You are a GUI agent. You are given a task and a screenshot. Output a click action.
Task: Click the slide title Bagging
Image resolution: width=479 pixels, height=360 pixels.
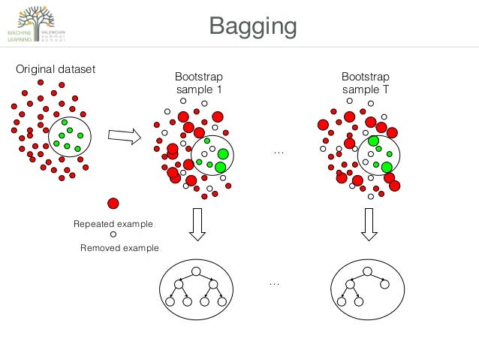(x=253, y=27)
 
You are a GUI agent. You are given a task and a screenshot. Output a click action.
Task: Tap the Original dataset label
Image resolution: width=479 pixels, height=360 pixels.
(x=56, y=70)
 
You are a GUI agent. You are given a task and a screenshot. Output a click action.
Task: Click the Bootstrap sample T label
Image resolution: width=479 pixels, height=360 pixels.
(x=365, y=83)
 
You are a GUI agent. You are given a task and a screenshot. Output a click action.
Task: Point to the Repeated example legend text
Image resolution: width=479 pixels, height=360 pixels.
(x=113, y=224)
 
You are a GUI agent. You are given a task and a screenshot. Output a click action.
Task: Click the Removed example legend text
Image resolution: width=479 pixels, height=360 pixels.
(x=119, y=247)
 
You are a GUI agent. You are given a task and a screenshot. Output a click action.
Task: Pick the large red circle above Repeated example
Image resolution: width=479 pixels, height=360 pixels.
(x=113, y=203)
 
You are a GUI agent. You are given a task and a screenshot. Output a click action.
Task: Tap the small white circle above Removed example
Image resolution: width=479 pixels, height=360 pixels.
(x=113, y=234)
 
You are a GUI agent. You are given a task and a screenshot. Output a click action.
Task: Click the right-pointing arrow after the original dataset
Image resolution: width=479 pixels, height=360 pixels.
(x=125, y=136)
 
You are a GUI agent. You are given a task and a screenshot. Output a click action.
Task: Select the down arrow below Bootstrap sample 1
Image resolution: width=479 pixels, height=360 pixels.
(x=197, y=224)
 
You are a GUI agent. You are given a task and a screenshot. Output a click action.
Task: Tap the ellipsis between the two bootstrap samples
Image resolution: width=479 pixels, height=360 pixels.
(x=279, y=153)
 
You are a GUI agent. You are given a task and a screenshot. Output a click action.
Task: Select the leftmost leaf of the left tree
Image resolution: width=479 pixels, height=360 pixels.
(x=170, y=301)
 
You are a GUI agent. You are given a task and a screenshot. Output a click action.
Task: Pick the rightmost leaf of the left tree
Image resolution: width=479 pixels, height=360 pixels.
(x=223, y=301)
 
